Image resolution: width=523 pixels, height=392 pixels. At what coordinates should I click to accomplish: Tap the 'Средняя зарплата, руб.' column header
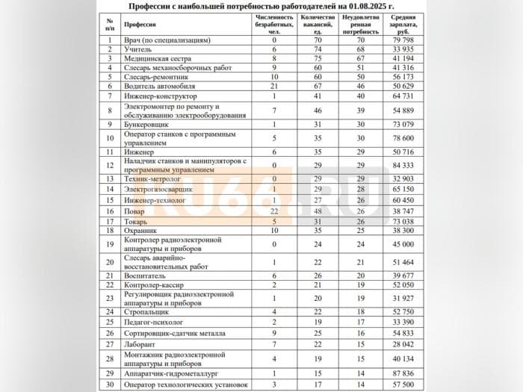tap(407, 25)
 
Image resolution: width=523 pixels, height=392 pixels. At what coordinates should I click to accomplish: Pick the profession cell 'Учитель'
tap(139, 49)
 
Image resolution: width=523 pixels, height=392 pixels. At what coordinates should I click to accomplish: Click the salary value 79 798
tap(407, 40)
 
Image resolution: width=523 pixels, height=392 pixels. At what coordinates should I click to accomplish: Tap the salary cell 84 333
tap(407, 164)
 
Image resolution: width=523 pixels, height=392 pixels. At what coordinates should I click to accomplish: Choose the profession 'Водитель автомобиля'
tap(158, 86)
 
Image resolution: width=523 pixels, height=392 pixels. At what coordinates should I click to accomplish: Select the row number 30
tap(110, 385)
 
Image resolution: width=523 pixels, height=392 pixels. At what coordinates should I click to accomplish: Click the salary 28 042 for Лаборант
tap(407, 343)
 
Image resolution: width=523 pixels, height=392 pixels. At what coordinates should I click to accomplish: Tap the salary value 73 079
tap(407, 124)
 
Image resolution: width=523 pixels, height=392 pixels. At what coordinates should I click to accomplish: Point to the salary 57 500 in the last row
tap(407, 385)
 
